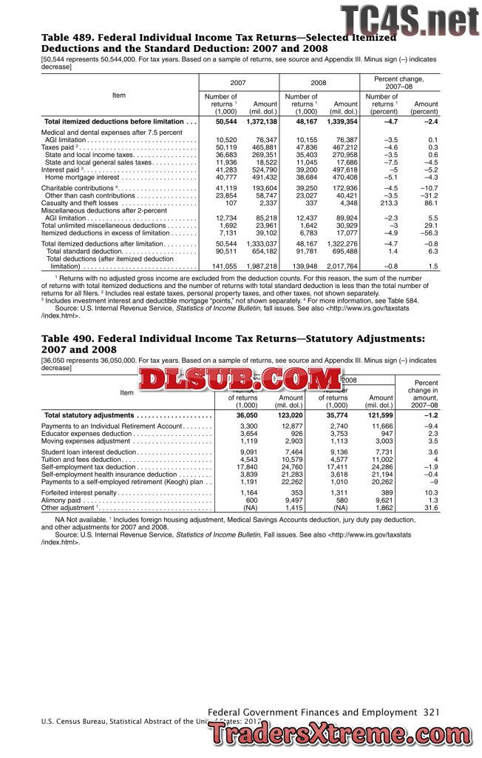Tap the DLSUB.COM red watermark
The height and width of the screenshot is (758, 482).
click(229, 380)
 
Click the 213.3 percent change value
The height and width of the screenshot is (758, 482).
click(387, 202)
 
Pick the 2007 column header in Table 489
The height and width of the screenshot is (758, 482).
click(238, 84)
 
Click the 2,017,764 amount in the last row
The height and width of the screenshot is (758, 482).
click(342, 266)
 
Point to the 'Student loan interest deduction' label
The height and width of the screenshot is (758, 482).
click(89, 452)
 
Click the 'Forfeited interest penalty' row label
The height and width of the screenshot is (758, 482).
click(79, 492)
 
